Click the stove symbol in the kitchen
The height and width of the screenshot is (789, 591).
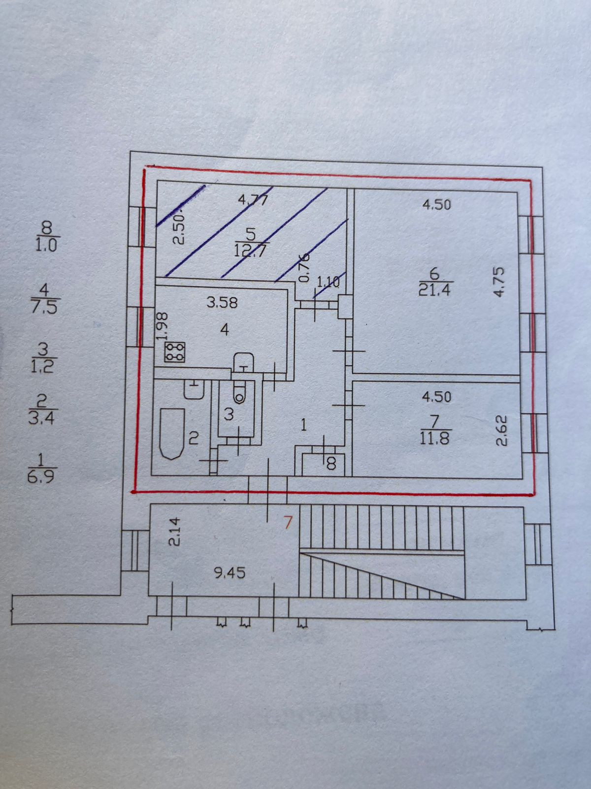coord(175,352)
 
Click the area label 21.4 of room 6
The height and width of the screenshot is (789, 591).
coord(434,290)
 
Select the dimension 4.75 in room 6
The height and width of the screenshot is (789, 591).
coord(499,282)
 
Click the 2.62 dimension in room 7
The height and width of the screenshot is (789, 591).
coord(501,430)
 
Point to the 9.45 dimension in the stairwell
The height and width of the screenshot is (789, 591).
coord(230,573)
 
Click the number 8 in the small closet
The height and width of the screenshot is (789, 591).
coord(331,464)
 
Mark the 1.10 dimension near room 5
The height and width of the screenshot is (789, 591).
coord(328,283)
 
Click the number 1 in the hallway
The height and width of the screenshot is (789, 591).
coord(304,425)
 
